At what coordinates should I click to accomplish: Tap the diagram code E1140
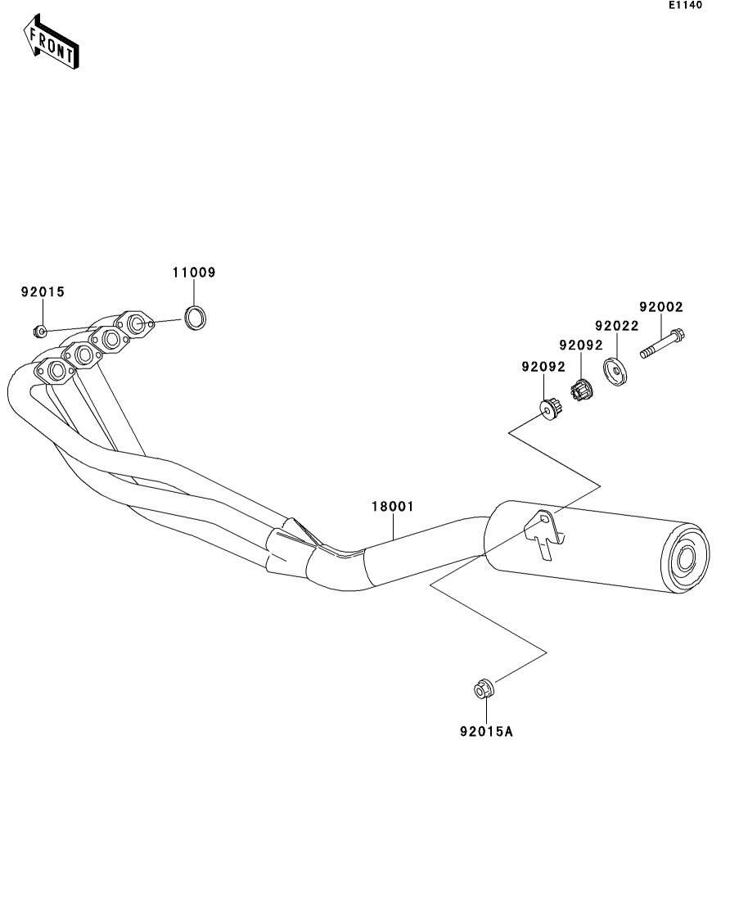point(685,5)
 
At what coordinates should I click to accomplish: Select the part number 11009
point(194,273)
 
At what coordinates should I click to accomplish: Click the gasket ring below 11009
point(194,318)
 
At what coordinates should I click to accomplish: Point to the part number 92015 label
point(43,291)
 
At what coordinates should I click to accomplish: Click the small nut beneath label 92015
point(38,332)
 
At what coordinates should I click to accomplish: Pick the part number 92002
point(660,307)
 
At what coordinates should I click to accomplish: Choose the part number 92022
point(616,325)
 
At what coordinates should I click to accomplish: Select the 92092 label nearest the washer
point(580,345)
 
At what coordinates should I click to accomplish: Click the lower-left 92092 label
point(543,367)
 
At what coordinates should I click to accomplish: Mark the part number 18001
point(393,507)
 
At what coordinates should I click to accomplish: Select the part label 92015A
point(486,731)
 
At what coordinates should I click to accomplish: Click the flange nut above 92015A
point(483,689)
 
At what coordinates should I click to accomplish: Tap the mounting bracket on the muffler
point(542,529)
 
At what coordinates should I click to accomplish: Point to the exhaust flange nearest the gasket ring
point(136,324)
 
